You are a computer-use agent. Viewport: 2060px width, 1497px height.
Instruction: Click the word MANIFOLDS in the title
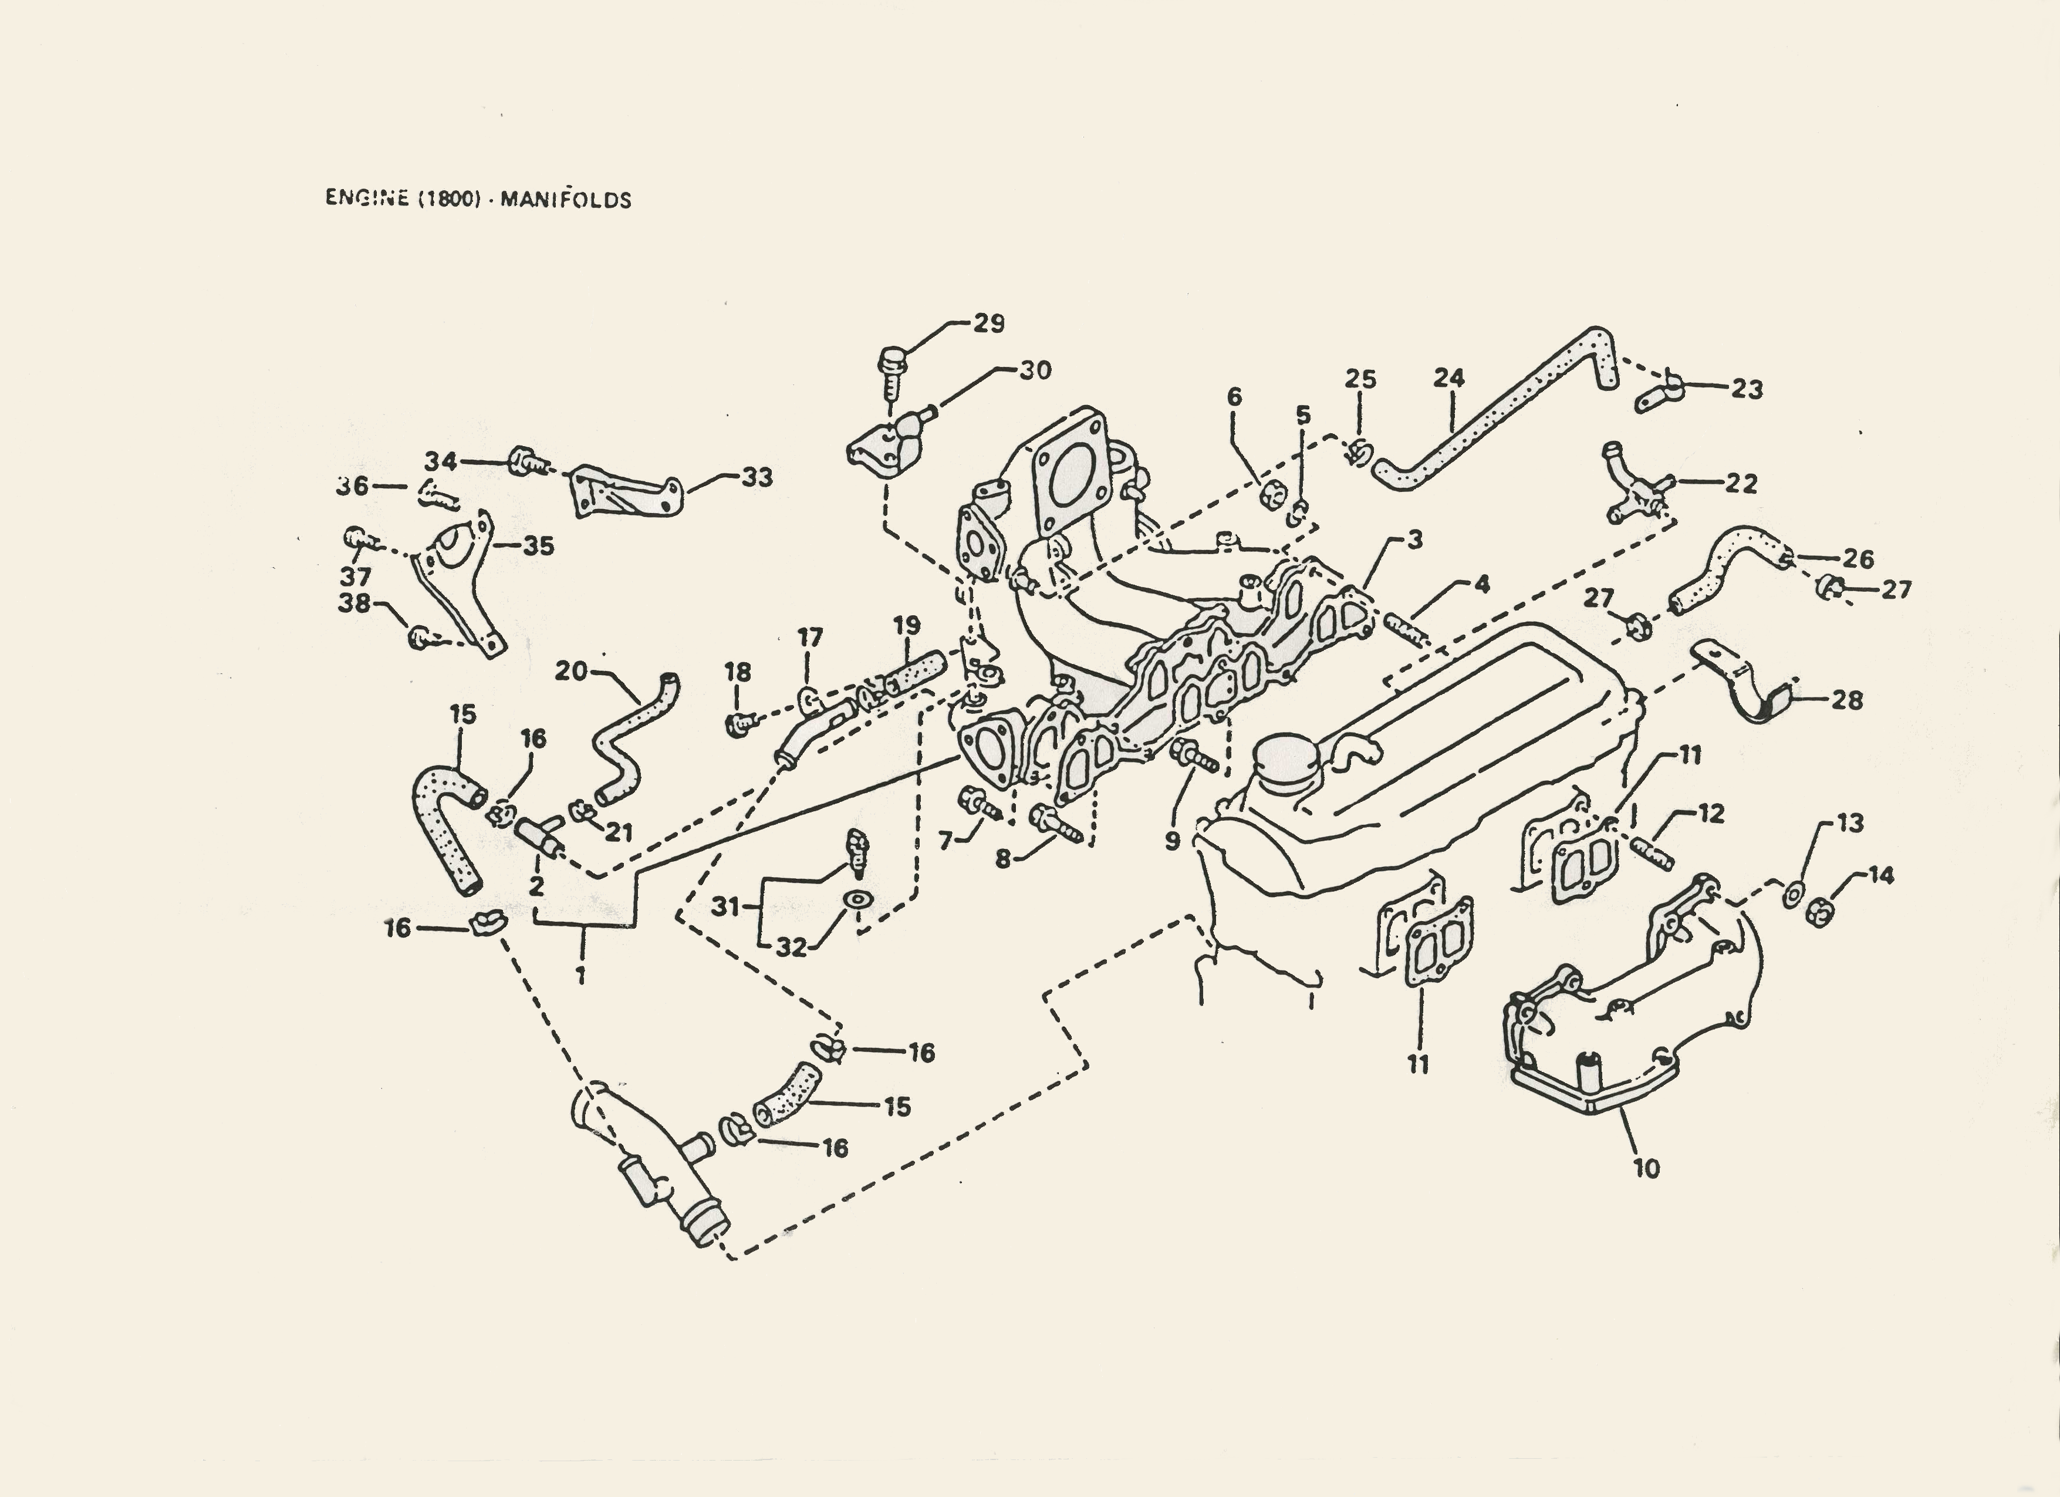click(x=565, y=199)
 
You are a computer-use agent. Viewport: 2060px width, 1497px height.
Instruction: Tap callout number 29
click(x=988, y=323)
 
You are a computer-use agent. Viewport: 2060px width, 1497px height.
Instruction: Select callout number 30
click(x=1035, y=370)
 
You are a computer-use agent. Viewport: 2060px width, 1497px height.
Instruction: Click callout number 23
click(x=1747, y=389)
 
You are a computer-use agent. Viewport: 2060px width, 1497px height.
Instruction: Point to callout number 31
click(x=725, y=906)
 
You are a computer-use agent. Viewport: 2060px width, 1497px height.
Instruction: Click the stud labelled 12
click(x=1657, y=854)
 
